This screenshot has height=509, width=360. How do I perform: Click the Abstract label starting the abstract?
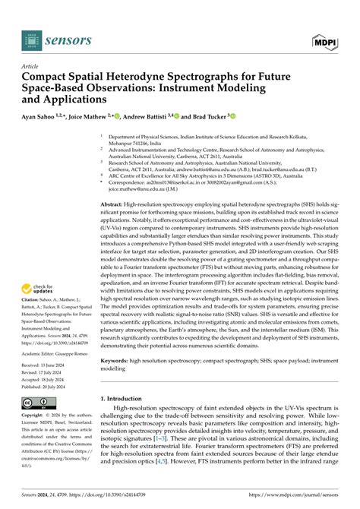pyautogui.click(x=116, y=204)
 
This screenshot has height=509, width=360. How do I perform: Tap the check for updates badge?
pyautogui.click(x=37, y=290)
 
